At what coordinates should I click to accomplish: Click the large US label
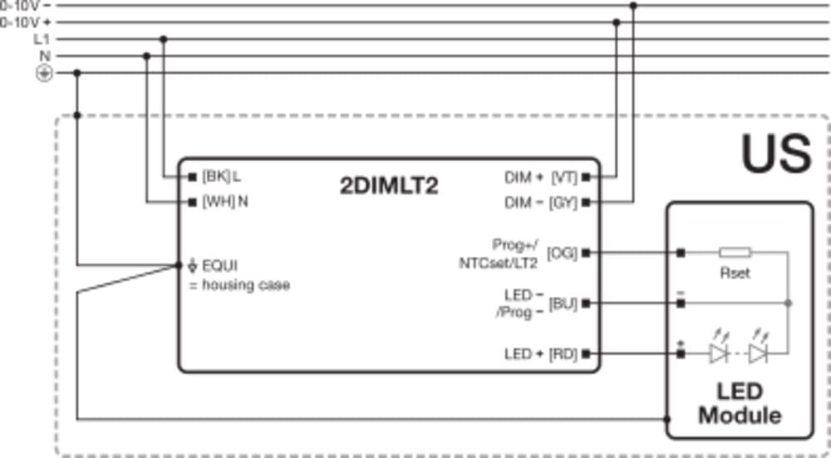point(776,154)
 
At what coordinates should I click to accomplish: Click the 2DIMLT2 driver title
point(389,186)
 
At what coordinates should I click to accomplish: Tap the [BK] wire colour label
point(215,176)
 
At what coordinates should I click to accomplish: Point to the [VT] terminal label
point(564,176)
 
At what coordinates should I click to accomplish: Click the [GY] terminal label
point(564,202)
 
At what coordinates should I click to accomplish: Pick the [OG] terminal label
point(563,253)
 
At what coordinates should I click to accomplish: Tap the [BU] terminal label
point(563,303)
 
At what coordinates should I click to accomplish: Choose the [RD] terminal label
point(563,354)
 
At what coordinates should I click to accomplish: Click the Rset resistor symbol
point(735,253)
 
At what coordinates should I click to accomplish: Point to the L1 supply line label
point(42,39)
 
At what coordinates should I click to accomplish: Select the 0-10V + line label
point(26,22)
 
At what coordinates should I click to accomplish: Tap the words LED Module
point(739,403)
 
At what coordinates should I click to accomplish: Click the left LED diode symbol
point(719,354)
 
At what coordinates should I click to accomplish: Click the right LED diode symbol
point(758,354)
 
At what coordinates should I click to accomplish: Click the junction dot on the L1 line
point(164,39)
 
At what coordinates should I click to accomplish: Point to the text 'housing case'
point(246,285)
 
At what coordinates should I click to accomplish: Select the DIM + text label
point(524,176)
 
